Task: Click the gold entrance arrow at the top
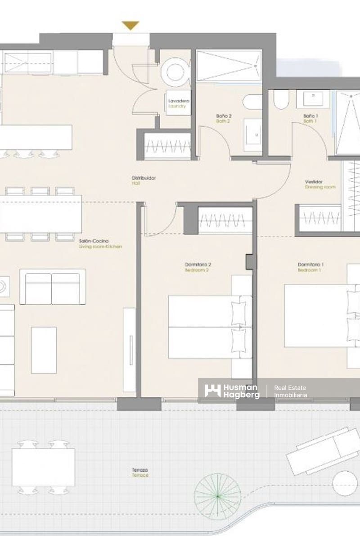[130, 26]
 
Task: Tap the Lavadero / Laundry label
[178, 103]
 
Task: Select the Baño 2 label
[224, 118]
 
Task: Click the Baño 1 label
[310, 118]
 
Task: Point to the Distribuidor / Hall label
[144, 180]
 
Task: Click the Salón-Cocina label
[100, 243]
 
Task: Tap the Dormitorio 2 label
[198, 267]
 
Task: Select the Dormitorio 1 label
[310, 267]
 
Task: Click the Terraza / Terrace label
[140, 472]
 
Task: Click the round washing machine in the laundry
[174, 72]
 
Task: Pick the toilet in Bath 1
[281, 100]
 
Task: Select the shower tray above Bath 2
[229, 66]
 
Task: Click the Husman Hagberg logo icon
[212, 391]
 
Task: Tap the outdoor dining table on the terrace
[43, 467]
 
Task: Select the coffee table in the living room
[44, 350]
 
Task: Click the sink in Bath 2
[253, 135]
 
